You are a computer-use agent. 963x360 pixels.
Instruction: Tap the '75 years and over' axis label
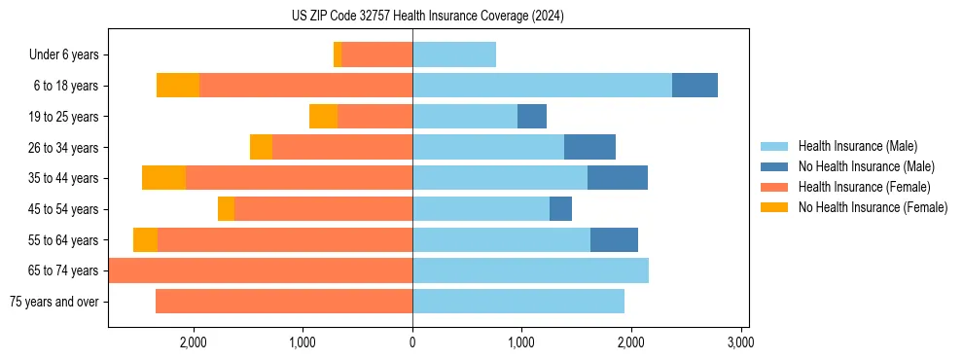click(53, 302)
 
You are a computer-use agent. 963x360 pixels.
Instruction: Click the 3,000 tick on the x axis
click(740, 342)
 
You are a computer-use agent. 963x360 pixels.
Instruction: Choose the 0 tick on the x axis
click(412, 342)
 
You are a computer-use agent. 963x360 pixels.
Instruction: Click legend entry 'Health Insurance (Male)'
click(857, 146)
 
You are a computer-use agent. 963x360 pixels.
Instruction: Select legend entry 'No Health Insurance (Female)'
click(873, 207)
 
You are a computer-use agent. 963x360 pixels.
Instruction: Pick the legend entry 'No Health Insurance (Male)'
click(866, 166)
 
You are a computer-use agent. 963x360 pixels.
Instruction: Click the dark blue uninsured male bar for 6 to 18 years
click(695, 86)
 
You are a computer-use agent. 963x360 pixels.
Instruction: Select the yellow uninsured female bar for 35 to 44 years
click(163, 178)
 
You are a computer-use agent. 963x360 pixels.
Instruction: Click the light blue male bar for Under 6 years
click(454, 55)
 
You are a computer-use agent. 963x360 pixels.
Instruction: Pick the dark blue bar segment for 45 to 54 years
click(560, 209)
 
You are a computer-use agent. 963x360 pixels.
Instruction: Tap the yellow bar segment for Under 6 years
click(338, 55)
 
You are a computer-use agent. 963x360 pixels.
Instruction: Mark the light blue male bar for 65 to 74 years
click(530, 270)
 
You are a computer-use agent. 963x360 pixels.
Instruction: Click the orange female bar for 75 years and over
click(284, 302)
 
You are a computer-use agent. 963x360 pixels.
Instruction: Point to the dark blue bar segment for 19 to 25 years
click(532, 117)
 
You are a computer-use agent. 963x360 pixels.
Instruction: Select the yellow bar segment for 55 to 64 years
click(145, 240)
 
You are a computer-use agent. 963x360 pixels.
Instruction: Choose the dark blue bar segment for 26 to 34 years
click(589, 148)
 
